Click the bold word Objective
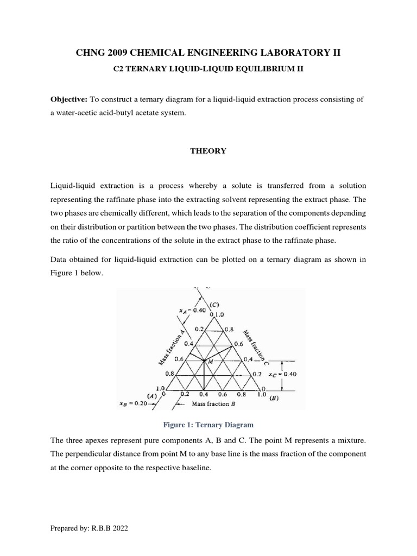coord(68,100)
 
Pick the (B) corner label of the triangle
coord(275,397)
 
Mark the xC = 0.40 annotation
coord(283,374)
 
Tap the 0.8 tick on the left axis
coord(169,374)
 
